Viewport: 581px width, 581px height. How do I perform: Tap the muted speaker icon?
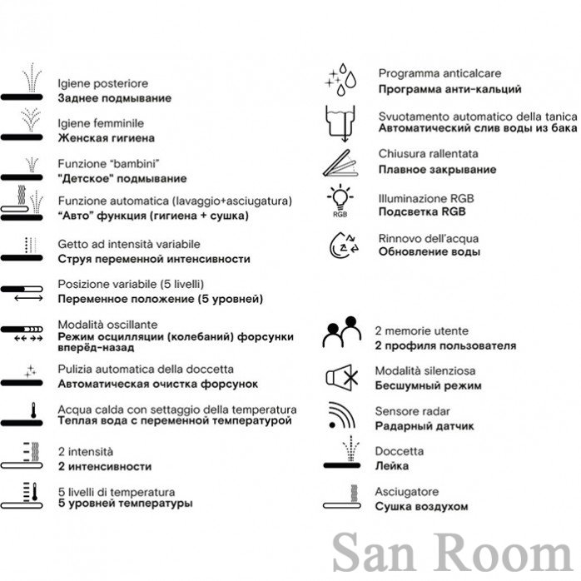pos(341,378)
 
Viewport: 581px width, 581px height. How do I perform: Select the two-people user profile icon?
pos(341,331)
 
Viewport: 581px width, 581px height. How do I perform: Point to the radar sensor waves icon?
pos(341,415)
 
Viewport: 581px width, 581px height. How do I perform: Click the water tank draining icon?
pos(340,124)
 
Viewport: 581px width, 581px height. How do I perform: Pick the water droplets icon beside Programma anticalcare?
pos(340,80)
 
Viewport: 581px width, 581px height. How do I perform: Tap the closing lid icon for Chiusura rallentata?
pos(340,163)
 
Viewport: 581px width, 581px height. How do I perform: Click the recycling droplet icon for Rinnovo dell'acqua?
pos(344,245)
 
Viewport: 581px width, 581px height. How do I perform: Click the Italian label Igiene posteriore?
pos(102,84)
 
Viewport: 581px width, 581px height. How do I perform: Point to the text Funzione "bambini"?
pos(108,163)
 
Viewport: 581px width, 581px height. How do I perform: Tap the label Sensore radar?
pos(412,411)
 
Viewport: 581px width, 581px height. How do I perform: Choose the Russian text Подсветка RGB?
pos(422,211)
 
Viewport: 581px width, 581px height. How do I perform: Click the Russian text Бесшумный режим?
pos(428,385)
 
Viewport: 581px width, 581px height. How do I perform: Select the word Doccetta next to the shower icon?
pos(399,451)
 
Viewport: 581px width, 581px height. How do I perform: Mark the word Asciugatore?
pos(406,492)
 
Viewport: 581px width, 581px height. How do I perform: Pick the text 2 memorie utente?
pos(421,331)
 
